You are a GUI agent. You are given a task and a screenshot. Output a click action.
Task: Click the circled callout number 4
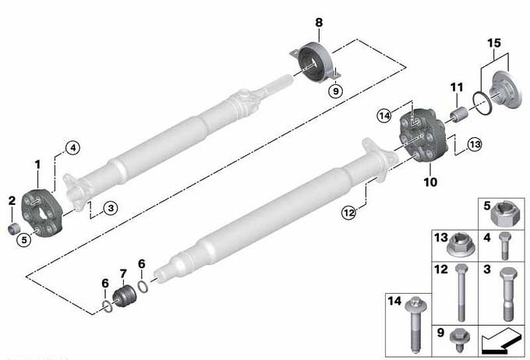click(73, 148)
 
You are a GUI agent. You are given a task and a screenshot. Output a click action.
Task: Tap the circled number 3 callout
click(111, 208)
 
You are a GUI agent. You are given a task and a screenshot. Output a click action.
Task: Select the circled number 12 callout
click(349, 213)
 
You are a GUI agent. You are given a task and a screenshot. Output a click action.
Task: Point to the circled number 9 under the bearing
click(336, 91)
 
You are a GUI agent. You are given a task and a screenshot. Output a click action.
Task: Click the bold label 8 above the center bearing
click(319, 23)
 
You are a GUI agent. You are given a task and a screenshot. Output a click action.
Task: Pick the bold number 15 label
click(494, 44)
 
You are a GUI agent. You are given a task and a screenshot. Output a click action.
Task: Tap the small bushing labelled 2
click(13, 228)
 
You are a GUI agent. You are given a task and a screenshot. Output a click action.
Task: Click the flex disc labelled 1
click(42, 214)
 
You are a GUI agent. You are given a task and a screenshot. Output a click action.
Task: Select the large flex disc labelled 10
click(424, 136)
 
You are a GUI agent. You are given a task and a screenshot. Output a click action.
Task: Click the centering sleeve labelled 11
click(458, 114)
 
